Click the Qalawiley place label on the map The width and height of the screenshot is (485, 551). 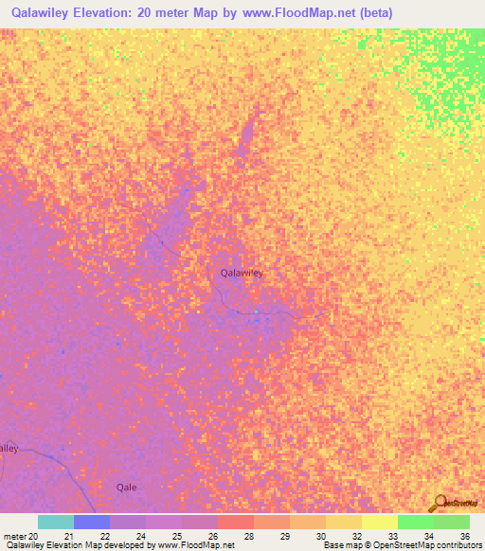[x=242, y=273]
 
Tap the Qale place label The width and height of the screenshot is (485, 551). [x=127, y=487]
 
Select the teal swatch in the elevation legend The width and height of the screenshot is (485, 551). [x=56, y=522]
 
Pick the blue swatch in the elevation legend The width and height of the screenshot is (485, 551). [x=92, y=522]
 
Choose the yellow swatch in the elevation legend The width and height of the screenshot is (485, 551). [x=380, y=522]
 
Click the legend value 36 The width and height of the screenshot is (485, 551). [x=464, y=536]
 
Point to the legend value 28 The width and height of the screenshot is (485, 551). [x=248, y=536]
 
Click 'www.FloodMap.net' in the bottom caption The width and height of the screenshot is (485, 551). [x=195, y=545]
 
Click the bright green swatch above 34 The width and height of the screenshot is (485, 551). [x=416, y=522]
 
